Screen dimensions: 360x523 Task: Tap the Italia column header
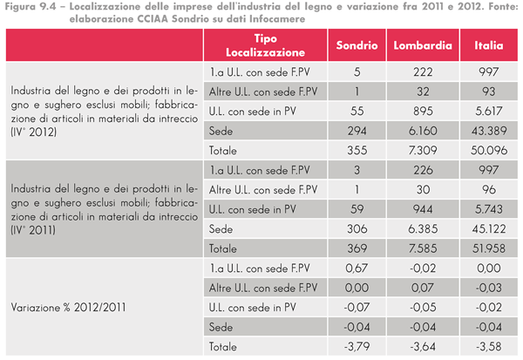[486, 45]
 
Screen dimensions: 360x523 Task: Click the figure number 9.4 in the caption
[48, 6]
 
